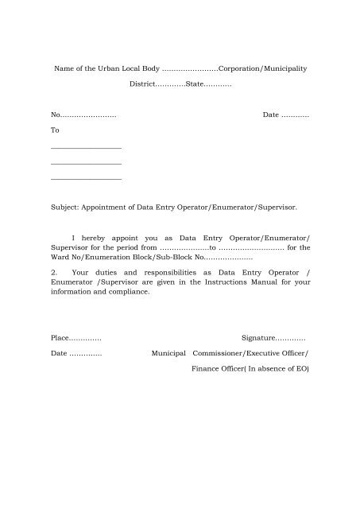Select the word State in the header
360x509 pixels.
pyautogui.click(x=195, y=84)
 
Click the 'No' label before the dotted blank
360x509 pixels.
pyautogui.click(x=54, y=116)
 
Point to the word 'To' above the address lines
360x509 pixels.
pyautogui.click(x=54, y=130)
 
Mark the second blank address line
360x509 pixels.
pyautogui.click(x=85, y=164)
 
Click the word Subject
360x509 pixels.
pyautogui.click(x=64, y=207)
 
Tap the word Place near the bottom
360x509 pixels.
pyautogui.click(x=60, y=339)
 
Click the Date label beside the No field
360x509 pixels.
pyautogui.click(x=270, y=116)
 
